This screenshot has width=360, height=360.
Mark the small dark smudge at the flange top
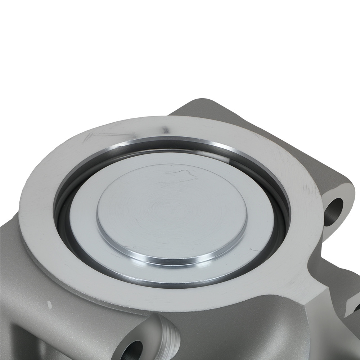(x=165, y=129)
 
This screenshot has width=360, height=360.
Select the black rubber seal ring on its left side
(x=61, y=216)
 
